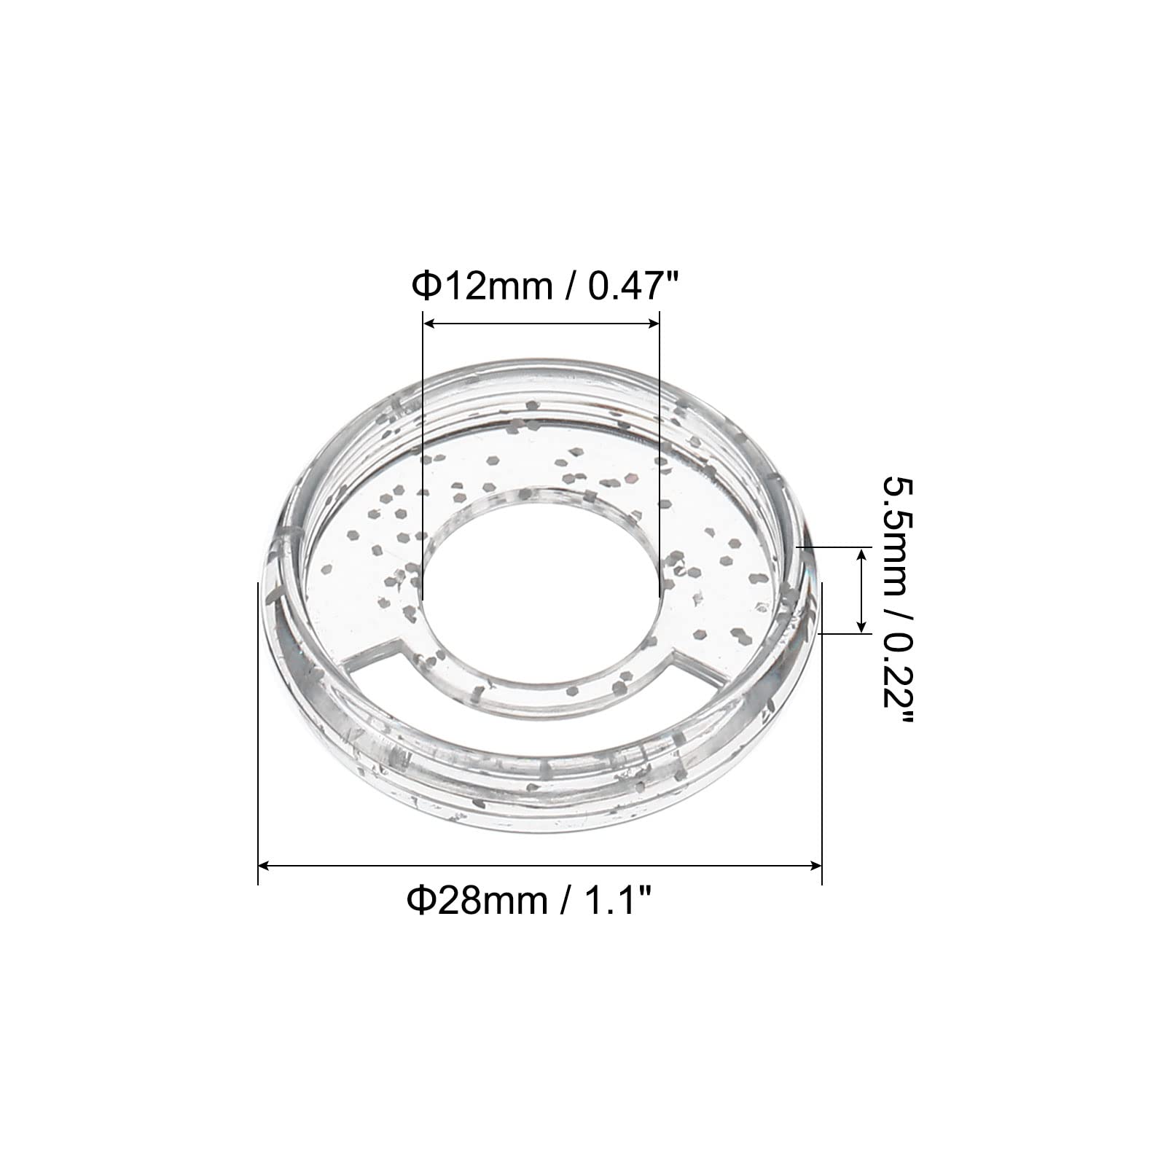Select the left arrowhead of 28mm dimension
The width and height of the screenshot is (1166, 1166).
[267, 866]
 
